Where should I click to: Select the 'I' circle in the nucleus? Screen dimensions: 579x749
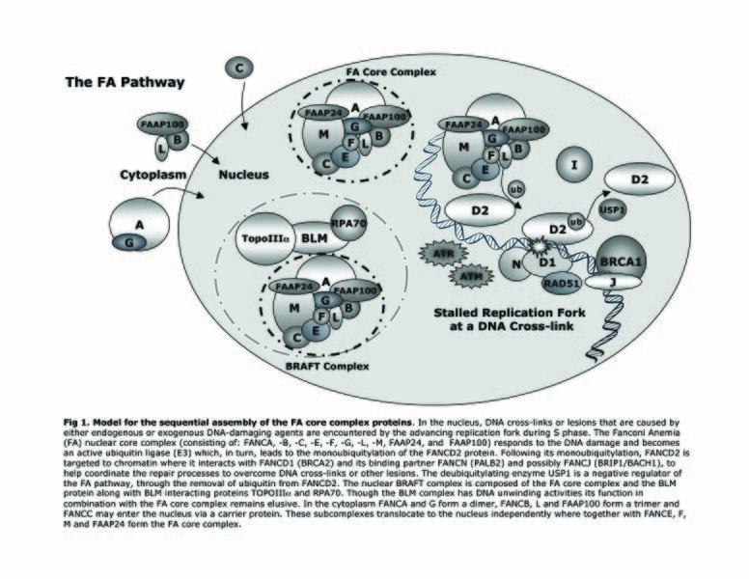click(x=574, y=166)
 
